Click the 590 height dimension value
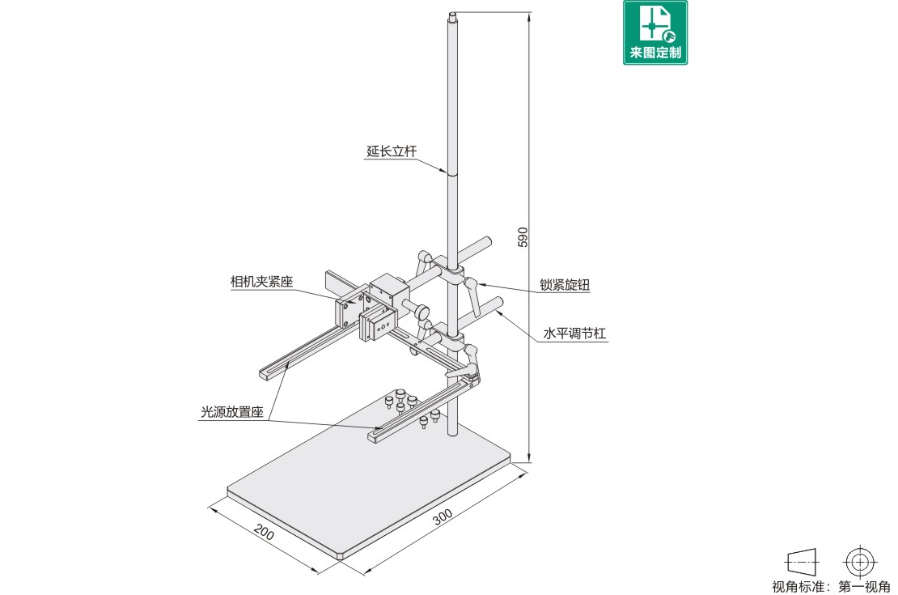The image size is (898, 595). click(523, 237)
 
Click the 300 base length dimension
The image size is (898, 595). click(443, 516)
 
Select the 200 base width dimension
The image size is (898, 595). click(264, 532)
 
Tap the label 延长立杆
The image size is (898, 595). click(392, 151)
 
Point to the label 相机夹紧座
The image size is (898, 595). click(262, 282)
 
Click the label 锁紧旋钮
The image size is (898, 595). click(565, 285)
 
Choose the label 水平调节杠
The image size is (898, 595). click(574, 334)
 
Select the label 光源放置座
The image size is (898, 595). click(232, 411)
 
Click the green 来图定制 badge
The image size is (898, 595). click(655, 32)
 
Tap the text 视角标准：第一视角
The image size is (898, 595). click(831, 586)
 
